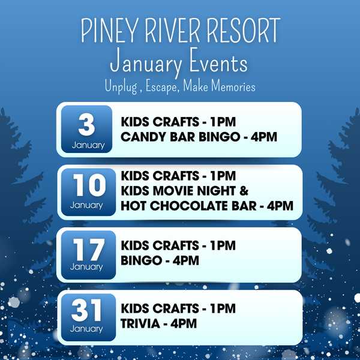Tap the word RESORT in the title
tap(244, 31)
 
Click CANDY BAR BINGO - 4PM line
tap(199, 137)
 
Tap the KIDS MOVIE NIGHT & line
tap(185, 191)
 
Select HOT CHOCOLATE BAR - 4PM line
tap(207, 206)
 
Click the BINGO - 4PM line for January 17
tap(160, 260)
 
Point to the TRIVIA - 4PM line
tap(159, 323)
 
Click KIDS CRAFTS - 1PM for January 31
tap(178, 308)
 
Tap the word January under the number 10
tap(87, 205)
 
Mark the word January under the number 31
tap(87, 329)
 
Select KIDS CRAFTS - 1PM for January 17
tap(178, 245)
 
